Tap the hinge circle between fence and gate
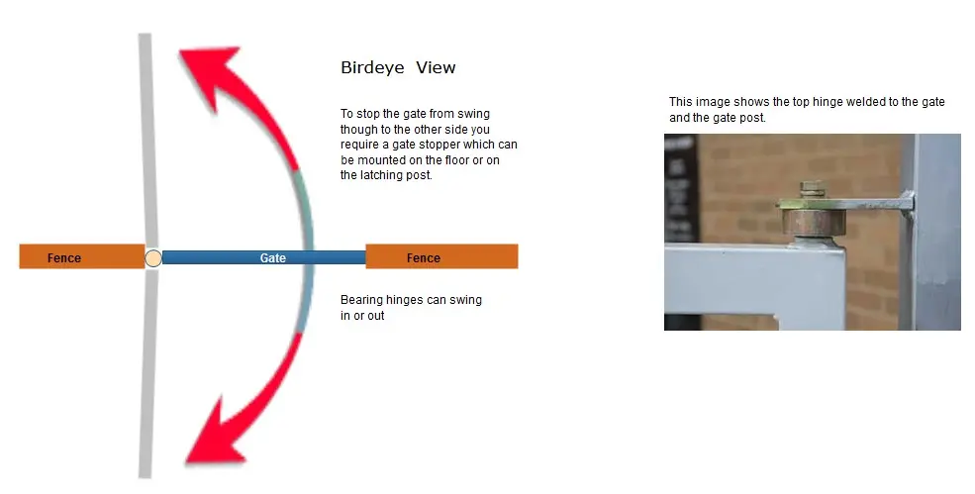coord(152,258)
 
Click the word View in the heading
coord(436,68)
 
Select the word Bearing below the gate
coord(362,300)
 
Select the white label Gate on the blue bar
coord(273,257)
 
